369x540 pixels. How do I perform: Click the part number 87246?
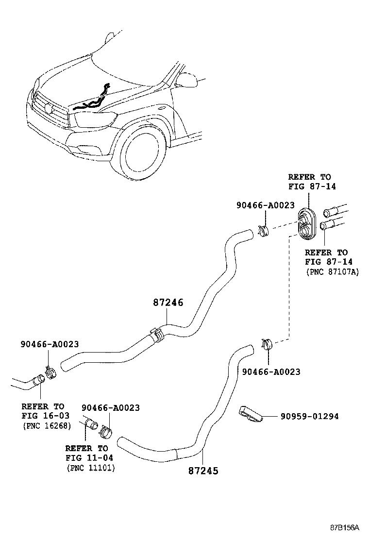pos(168,302)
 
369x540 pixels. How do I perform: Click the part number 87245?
pos(203,471)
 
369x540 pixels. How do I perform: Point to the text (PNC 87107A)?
pos(332,272)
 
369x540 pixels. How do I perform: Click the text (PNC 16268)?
pos(47,426)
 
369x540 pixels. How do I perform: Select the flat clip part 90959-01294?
pos(251,413)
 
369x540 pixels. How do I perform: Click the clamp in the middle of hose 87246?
pos(156,334)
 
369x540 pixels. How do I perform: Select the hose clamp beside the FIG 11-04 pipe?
pos(106,431)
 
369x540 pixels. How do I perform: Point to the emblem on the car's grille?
pos(48,108)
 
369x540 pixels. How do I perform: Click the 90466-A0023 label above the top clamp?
pos(266,205)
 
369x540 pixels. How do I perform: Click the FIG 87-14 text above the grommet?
pos(312,186)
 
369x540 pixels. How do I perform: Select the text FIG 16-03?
pos(46,416)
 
